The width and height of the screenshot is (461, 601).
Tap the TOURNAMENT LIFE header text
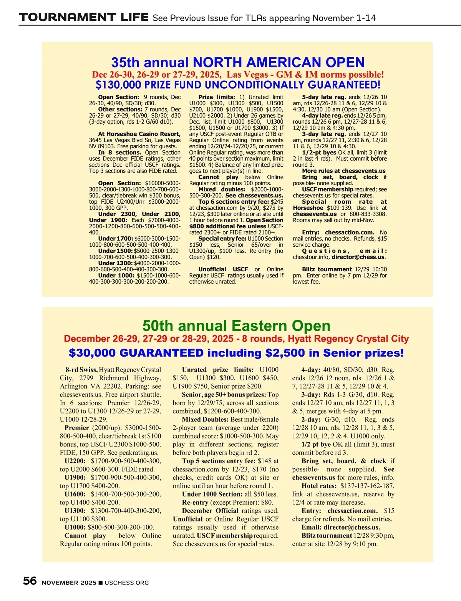(84, 17)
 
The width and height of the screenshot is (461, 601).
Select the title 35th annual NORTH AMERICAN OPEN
(238, 62)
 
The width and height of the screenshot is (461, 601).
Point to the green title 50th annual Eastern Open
(236, 326)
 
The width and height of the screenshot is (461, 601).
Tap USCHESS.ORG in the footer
(126, 583)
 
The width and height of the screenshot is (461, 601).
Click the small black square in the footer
(101, 583)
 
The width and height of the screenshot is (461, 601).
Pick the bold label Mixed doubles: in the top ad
(222, 189)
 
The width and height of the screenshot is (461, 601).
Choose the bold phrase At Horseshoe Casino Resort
(139, 134)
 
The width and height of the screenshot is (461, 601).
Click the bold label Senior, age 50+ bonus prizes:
(224, 395)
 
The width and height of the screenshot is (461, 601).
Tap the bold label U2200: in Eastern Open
(75, 461)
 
